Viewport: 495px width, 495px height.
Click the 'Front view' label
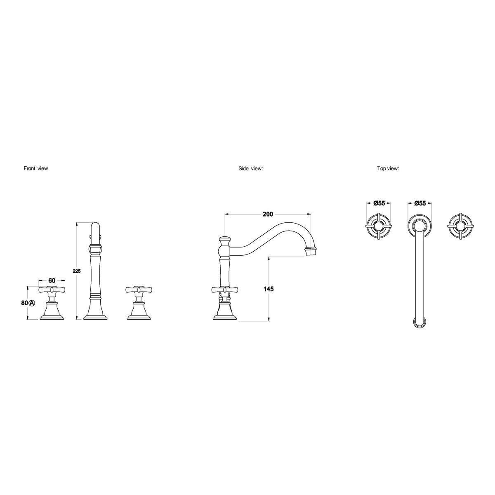point(36,169)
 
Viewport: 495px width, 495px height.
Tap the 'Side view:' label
point(250,169)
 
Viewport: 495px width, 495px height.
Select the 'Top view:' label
point(388,169)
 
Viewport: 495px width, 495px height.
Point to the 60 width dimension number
point(52,280)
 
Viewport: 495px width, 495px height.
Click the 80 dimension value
point(24,303)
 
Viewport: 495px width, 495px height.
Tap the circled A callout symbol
point(31,303)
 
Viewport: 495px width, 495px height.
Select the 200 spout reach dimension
point(268,214)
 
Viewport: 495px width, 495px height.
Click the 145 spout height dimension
point(269,289)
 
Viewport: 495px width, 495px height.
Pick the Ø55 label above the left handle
point(379,203)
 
